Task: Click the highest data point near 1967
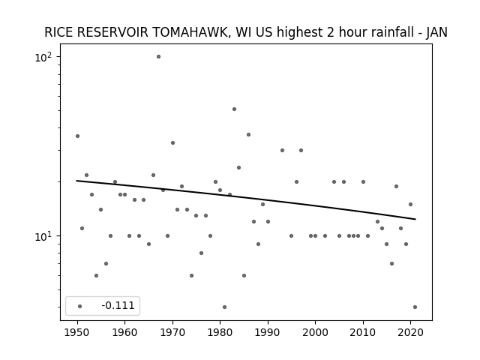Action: pos(158,57)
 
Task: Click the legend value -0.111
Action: pos(118,305)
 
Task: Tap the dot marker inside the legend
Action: pos(80,306)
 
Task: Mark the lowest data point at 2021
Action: pos(415,307)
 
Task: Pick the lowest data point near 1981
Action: pos(225,307)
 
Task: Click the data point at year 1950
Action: pos(77,136)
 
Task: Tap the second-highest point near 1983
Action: pos(234,109)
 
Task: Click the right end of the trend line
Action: pos(415,219)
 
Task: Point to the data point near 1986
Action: pos(248,135)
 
